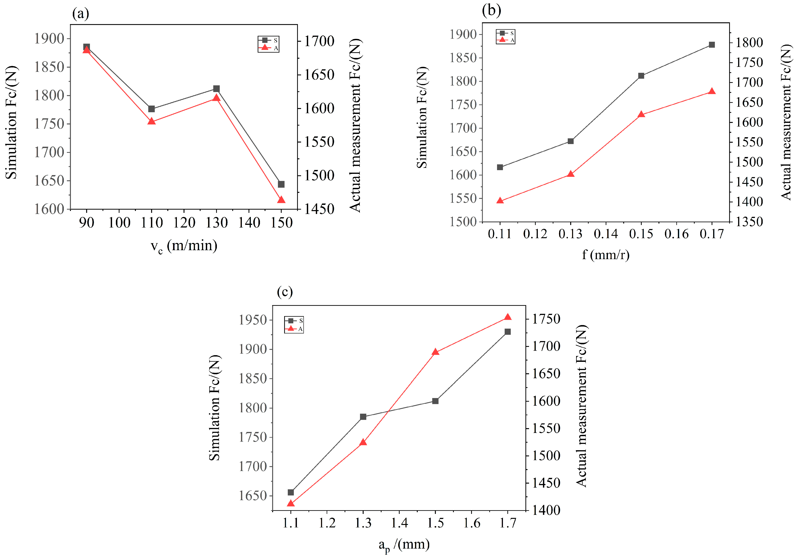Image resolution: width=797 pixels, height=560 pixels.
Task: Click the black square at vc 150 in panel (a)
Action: pyautogui.click(x=281, y=184)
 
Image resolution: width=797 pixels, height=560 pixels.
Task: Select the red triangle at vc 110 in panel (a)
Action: pyautogui.click(x=151, y=121)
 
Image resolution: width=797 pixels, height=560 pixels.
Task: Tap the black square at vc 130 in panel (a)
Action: pyautogui.click(x=216, y=89)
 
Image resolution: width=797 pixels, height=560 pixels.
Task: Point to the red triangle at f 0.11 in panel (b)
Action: pyautogui.click(x=500, y=201)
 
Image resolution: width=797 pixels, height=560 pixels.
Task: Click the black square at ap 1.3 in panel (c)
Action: pyautogui.click(x=363, y=417)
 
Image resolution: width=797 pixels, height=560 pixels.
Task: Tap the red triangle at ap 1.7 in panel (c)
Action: pyautogui.click(x=508, y=317)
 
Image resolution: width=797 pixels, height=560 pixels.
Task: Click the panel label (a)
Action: pyautogui.click(x=81, y=14)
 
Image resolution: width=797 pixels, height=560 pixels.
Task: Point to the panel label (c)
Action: pyautogui.click(x=285, y=292)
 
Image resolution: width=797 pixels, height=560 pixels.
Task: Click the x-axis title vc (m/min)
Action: pyautogui.click(x=184, y=246)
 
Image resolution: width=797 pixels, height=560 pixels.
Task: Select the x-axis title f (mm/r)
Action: pyautogui.click(x=605, y=255)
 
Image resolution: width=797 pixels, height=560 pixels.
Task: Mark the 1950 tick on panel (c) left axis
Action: pyautogui.click(x=252, y=320)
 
